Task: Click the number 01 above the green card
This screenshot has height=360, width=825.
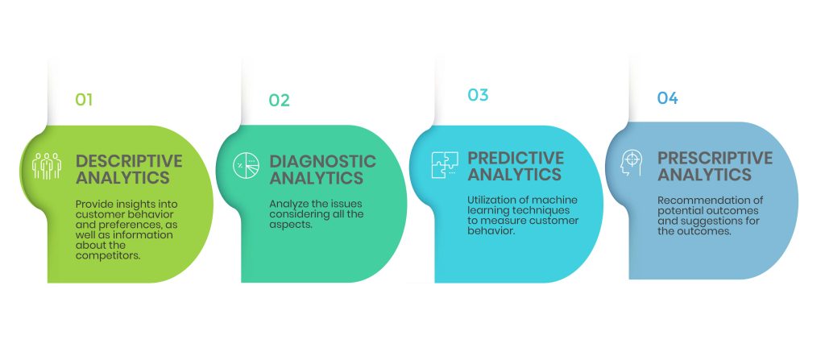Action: [84, 100]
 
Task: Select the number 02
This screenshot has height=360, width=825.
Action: [279, 101]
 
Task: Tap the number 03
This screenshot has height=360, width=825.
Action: [478, 95]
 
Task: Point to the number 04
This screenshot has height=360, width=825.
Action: [667, 98]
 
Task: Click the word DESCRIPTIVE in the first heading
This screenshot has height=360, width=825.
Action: [129, 160]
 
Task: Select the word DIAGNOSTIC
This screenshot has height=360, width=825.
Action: [322, 161]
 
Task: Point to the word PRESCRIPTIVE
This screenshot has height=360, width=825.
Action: [715, 158]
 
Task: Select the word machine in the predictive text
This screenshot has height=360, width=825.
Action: [555, 200]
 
